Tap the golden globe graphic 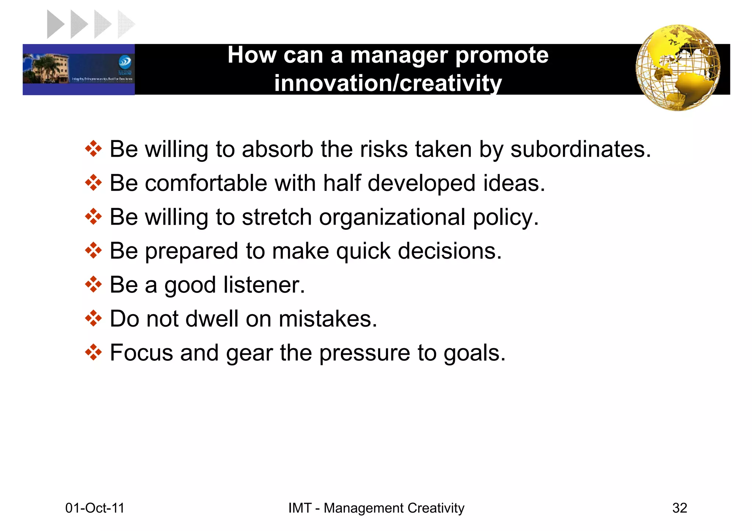click(678, 68)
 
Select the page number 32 click(679, 508)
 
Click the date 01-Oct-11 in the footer click(95, 508)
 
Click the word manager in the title click(399, 55)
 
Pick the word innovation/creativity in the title click(388, 83)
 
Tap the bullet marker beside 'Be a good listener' click(93, 284)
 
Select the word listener click(264, 285)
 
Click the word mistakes click(328, 319)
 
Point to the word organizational click(392, 217)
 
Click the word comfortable click(206, 183)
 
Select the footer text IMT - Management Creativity click(376, 508)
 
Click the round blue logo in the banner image click(125, 62)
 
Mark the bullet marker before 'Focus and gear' click(93, 352)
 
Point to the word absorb click(277, 149)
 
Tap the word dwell click(212, 319)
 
